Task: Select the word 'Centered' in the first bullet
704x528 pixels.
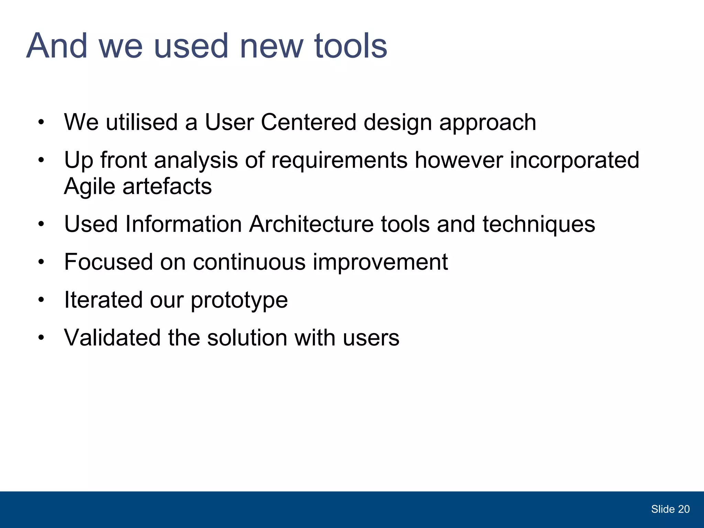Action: point(308,122)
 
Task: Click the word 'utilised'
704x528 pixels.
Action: point(141,122)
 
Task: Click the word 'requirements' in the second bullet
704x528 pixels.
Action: point(339,161)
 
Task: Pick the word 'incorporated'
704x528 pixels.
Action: point(574,161)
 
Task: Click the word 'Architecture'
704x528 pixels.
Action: point(311,224)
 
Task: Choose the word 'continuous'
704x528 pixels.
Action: point(249,262)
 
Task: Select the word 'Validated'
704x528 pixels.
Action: point(112,338)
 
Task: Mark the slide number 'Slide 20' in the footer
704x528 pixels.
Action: point(670,509)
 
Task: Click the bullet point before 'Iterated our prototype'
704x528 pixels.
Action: point(41,300)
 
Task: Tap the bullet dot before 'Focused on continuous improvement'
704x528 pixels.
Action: point(41,262)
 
